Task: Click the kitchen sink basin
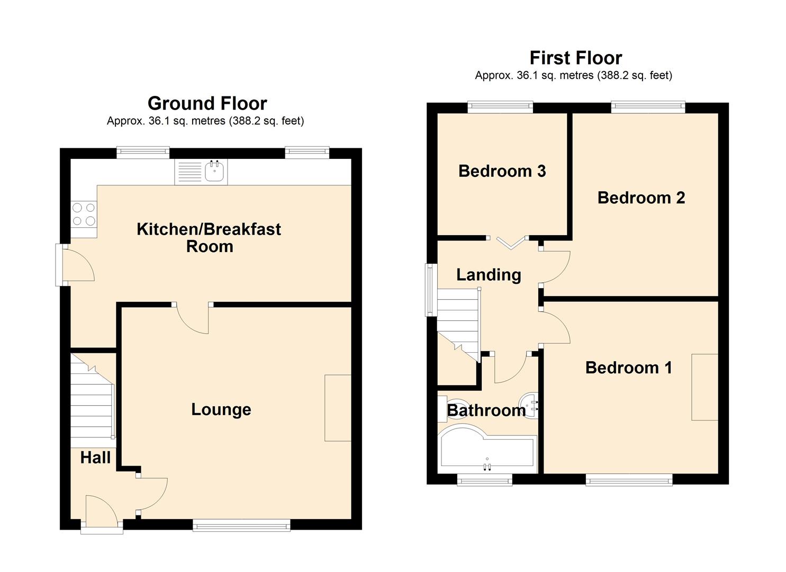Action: tap(214, 172)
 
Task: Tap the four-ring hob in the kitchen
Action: tap(84, 214)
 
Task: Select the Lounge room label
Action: tap(221, 409)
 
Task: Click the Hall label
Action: tap(95, 458)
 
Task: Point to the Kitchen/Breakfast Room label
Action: tap(209, 238)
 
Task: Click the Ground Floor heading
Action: tap(207, 103)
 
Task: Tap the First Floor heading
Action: tap(576, 58)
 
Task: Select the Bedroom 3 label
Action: tap(502, 171)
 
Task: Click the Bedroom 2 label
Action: tap(641, 198)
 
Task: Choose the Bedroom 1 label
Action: tap(629, 368)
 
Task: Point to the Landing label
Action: tap(489, 275)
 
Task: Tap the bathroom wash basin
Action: tap(528, 406)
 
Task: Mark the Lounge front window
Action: tap(241, 525)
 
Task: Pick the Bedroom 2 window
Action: tap(648, 107)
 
